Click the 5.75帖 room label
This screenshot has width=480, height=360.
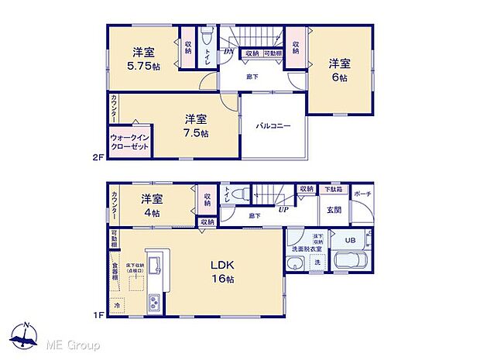(x=143, y=59)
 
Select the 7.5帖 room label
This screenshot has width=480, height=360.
(x=195, y=125)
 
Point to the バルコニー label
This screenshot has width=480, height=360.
(x=274, y=125)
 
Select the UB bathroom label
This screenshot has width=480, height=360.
(x=348, y=240)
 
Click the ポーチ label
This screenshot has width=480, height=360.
(x=362, y=194)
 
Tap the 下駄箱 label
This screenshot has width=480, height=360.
(x=333, y=189)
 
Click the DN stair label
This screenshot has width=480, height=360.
(x=228, y=51)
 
